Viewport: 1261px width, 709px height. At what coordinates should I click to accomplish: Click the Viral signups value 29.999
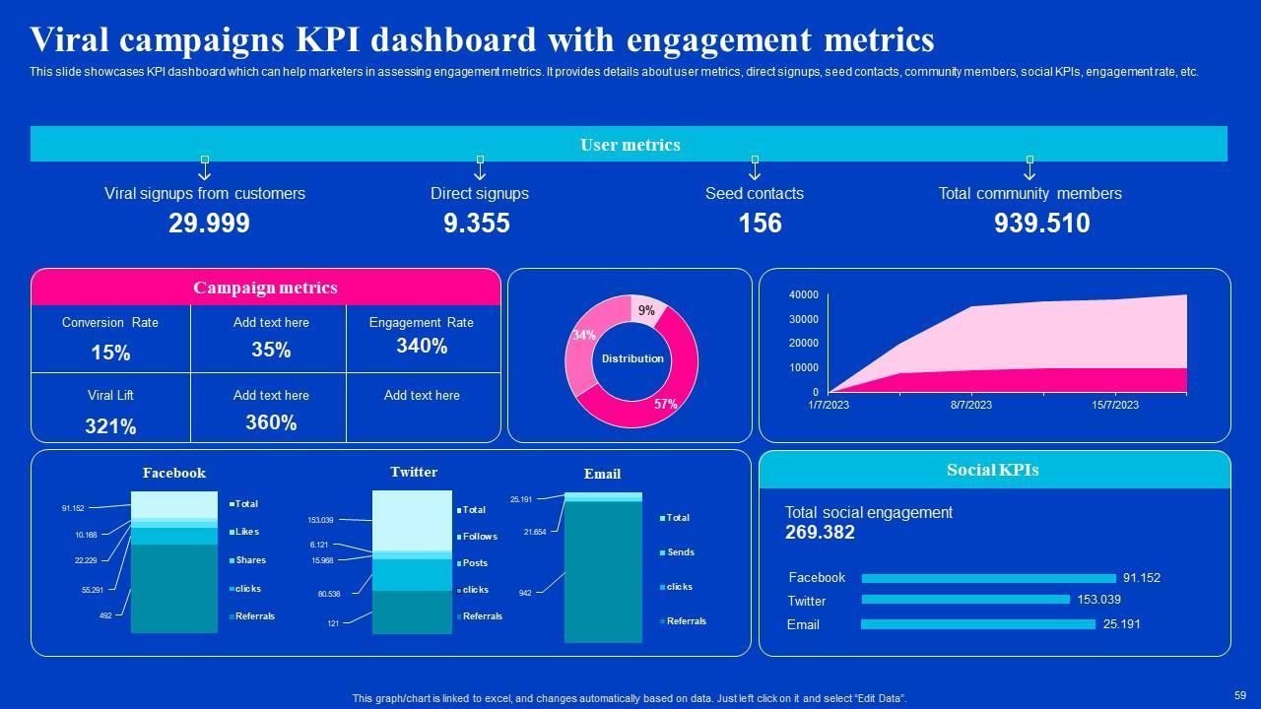pos(209,224)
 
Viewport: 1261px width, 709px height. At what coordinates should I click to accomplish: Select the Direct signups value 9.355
pos(477,224)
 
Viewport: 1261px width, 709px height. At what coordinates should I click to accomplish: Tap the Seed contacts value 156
pos(760,224)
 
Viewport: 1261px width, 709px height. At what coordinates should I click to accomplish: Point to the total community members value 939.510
pos(1041,224)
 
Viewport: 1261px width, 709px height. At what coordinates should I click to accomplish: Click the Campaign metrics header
pos(265,288)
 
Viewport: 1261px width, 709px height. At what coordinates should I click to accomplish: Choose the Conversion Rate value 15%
pos(110,353)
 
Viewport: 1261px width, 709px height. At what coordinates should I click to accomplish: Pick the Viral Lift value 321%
pos(110,426)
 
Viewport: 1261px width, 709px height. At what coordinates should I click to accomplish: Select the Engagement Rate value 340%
pos(422,346)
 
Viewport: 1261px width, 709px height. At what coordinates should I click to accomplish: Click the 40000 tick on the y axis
pos(804,294)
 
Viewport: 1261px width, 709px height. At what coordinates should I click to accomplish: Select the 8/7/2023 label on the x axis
pos(971,405)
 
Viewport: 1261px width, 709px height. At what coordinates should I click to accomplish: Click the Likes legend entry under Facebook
pos(246,532)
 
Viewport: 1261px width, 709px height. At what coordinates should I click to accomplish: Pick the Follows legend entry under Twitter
pos(480,537)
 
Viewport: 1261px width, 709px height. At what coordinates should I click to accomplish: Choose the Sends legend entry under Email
pos(681,552)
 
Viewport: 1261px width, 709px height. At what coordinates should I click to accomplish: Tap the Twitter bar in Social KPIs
pos(965,600)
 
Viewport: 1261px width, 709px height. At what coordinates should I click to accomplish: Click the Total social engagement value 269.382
pos(820,533)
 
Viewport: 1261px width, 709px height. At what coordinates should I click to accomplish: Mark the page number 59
pos(1239,694)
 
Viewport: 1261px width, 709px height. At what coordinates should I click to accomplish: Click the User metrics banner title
pos(630,145)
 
